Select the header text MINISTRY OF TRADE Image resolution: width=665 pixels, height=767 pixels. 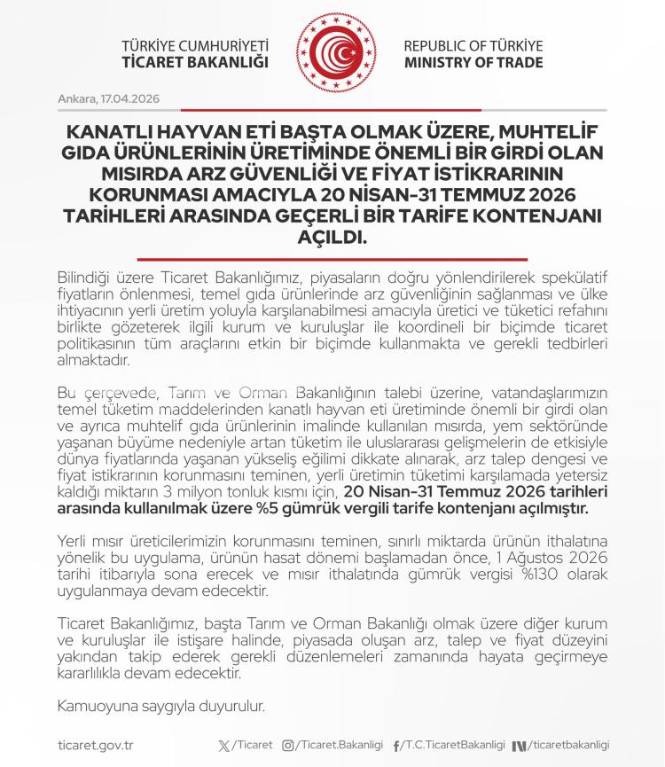click(473, 63)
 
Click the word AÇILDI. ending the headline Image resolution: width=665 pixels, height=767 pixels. click(332, 239)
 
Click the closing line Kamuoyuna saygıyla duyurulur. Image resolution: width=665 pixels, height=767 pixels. click(160, 707)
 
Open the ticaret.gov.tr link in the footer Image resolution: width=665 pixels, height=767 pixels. click(94, 746)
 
